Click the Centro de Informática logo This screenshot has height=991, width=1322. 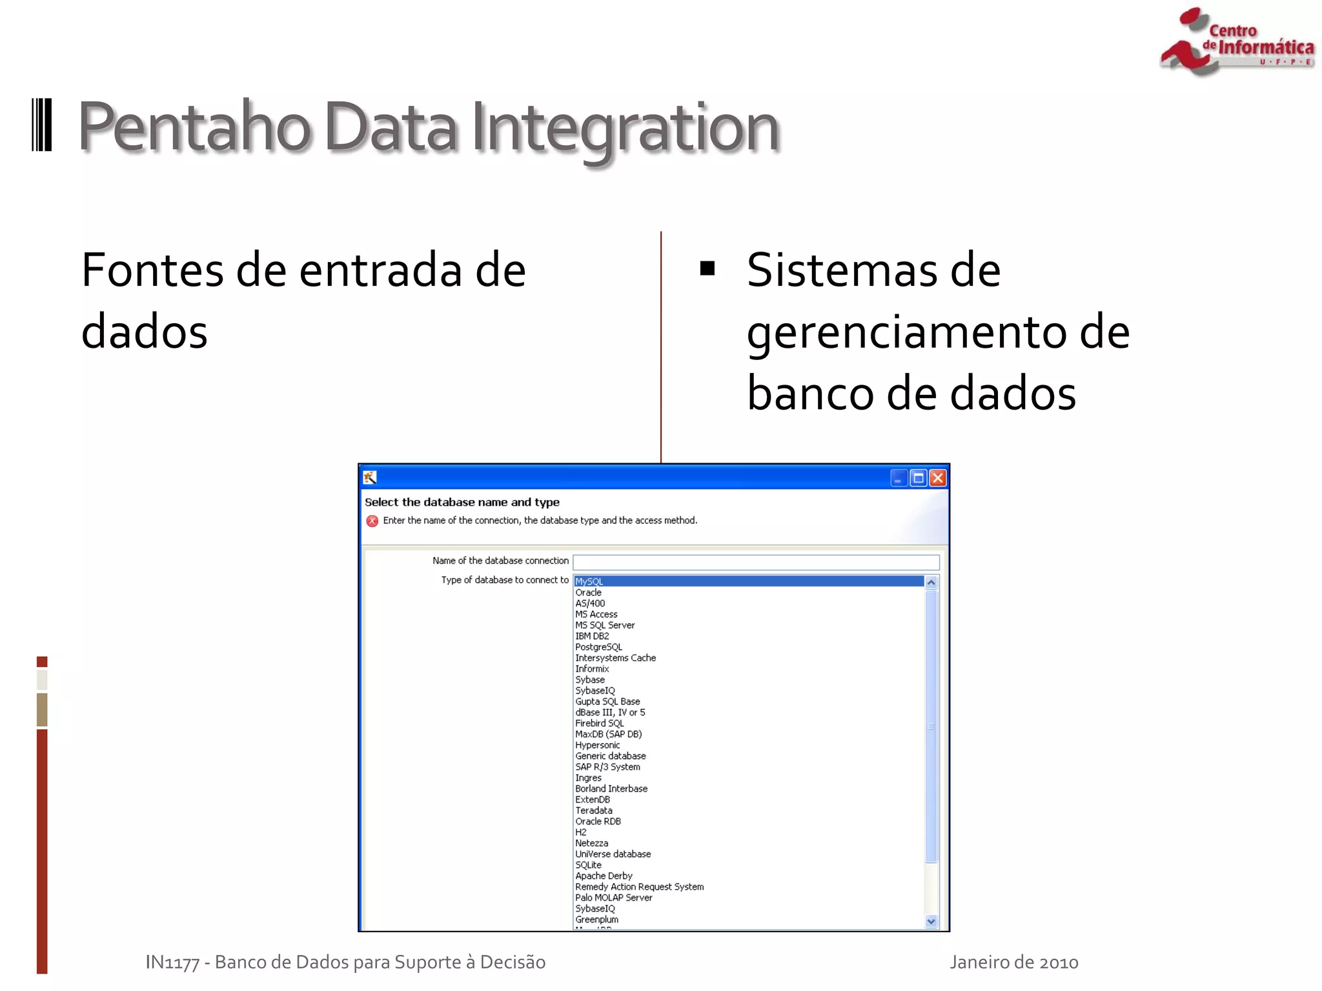pos(1236,42)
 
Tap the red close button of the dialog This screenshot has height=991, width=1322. pos(938,478)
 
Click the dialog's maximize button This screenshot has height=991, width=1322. pos(918,478)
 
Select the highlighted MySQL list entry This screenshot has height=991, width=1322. pos(589,581)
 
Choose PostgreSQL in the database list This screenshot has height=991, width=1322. pos(599,647)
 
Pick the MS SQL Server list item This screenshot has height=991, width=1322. pos(605,625)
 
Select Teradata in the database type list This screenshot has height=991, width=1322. pos(594,810)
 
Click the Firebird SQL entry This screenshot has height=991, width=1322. pos(600,723)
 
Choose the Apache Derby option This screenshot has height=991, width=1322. pos(604,876)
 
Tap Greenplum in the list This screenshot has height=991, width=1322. pos(597,919)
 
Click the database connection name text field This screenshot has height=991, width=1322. pos(755,562)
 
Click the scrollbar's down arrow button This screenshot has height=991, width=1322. pos(931,921)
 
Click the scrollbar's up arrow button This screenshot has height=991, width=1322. pos(931,583)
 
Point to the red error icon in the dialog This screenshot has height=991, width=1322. pos(372,521)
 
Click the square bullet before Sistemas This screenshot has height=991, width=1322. pos(707,268)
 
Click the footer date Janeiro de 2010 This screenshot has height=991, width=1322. pos(1013,963)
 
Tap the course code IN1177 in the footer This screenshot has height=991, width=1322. pos(172,963)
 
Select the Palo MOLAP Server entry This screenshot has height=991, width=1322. pos(614,897)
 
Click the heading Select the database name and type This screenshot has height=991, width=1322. pos(462,502)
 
